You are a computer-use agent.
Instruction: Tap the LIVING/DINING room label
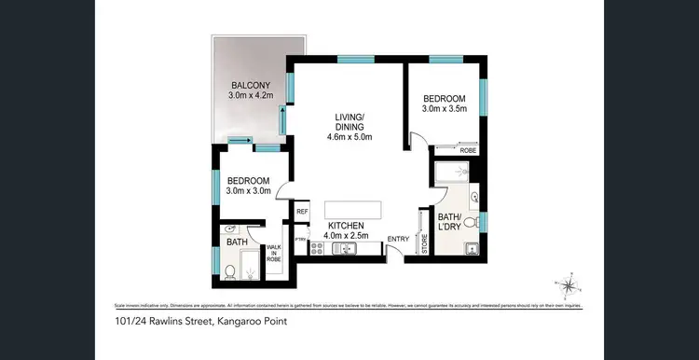click(349, 122)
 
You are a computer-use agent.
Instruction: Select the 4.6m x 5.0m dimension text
click(349, 138)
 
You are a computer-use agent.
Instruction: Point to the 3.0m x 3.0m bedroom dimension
click(248, 192)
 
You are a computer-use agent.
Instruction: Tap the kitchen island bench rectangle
click(353, 209)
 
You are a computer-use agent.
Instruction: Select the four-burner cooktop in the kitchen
click(316, 248)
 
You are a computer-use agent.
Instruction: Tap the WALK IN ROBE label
click(274, 254)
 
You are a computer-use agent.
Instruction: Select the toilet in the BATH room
click(229, 272)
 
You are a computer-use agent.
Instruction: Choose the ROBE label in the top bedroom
click(469, 149)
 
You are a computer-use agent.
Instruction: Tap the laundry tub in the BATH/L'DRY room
click(473, 248)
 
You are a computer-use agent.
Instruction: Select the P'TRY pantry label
click(301, 240)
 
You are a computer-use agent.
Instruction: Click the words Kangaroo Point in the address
click(252, 322)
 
